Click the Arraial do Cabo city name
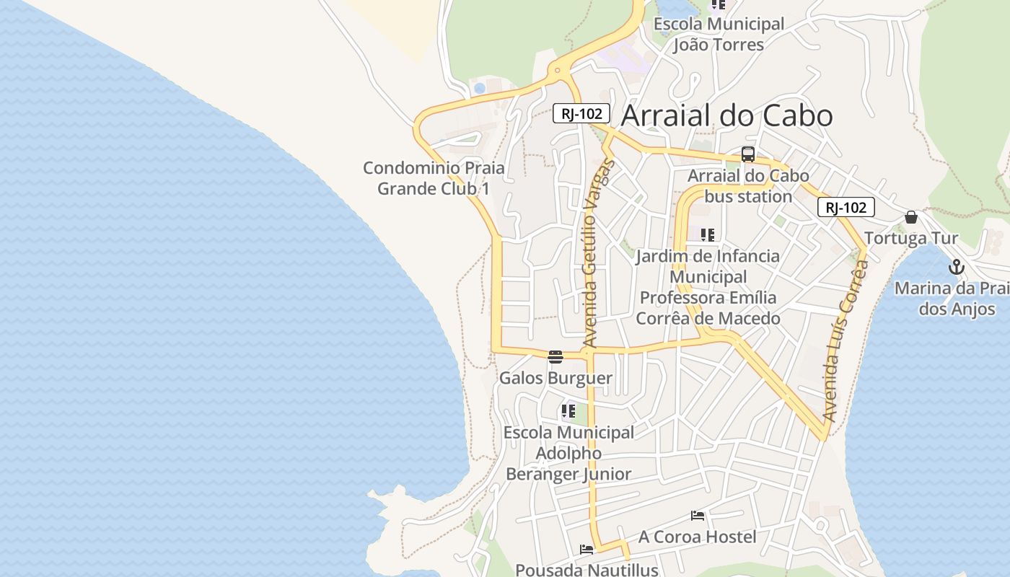(x=726, y=115)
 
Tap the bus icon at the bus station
(x=748, y=154)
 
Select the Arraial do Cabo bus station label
(x=748, y=186)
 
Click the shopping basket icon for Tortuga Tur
(x=911, y=217)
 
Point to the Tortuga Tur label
(x=911, y=238)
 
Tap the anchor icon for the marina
(x=956, y=268)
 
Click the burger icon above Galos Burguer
(x=555, y=356)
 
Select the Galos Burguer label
(x=555, y=378)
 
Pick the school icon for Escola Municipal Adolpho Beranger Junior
(x=568, y=411)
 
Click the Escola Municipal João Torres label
(x=719, y=34)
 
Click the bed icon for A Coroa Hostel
(x=698, y=516)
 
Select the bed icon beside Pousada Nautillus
(x=587, y=550)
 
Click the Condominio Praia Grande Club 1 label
(x=434, y=178)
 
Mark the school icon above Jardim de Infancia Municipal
(x=708, y=234)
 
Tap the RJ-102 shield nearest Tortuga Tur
(x=846, y=208)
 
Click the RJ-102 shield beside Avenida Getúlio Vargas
(x=581, y=113)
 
